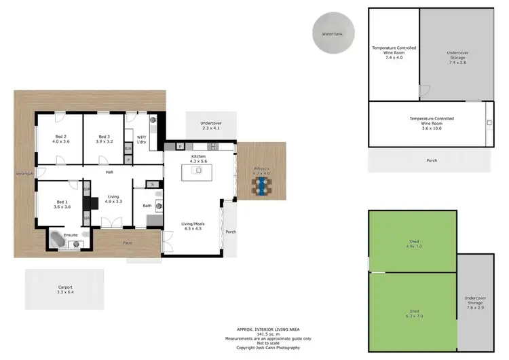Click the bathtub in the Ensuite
(x=58, y=239)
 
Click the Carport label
(x=65, y=287)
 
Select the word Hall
(x=109, y=173)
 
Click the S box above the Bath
(x=153, y=184)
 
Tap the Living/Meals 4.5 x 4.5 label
(x=193, y=226)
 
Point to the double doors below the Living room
(x=109, y=222)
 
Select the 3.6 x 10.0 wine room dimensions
(x=432, y=128)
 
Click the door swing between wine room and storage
(x=423, y=91)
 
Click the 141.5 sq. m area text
(x=269, y=334)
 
